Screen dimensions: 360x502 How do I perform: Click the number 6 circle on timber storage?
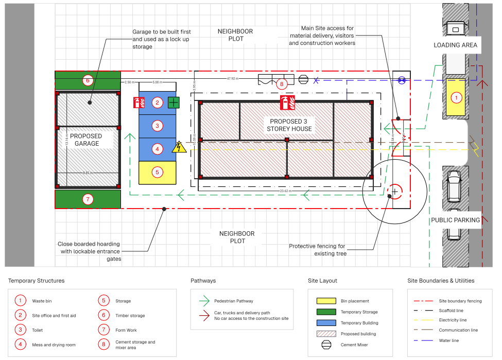click(x=88, y=80)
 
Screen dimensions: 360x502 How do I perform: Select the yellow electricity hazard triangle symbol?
click(x=179, y=148)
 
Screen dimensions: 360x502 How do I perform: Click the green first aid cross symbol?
click(x=174, y=102)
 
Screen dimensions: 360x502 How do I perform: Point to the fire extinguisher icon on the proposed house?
click(x=287, y=102)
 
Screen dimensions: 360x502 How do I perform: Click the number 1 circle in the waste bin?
click(x=455, y=97)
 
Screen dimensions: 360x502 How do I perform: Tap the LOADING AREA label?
click(x=455, y=45)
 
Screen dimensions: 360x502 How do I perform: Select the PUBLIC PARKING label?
click(x=455, y=220)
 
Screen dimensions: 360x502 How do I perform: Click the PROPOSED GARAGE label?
click(x=86, y=140)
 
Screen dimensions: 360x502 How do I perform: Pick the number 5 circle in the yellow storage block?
click(x=158, y=173)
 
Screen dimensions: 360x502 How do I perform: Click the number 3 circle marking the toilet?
click(x=158, y=126)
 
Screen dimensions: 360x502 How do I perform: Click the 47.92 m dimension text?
click(x=233, y=79)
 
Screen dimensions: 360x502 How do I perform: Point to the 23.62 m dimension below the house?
click(x=286, y=191)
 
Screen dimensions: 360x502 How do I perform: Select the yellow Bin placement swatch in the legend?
click(x=325, y=301)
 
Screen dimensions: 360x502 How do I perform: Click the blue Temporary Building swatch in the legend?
click(x=325, y=323)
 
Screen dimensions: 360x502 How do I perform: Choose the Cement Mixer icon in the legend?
click(x=325, y=345)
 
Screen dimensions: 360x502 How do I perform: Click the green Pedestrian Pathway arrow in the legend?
click(x=204, y=301)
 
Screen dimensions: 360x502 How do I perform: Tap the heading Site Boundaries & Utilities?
click(x=441, y=281)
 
